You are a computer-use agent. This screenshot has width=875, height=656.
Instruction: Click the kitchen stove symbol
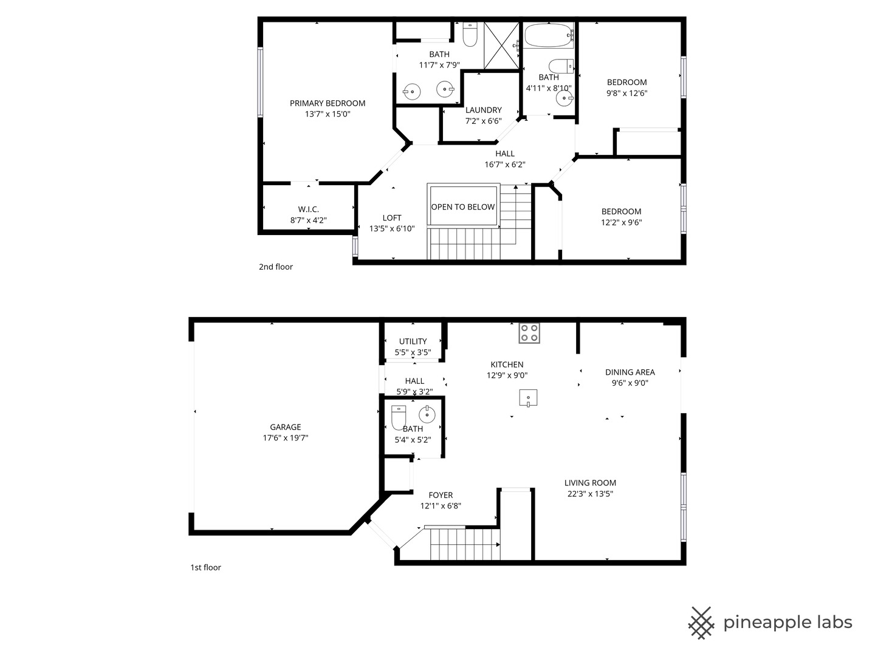529,333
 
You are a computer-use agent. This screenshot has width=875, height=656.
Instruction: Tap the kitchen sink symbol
529,398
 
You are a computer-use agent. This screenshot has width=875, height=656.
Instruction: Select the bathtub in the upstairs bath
549,36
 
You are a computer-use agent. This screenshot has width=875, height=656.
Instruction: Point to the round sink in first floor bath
427,415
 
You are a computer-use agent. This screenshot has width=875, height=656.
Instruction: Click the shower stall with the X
502,46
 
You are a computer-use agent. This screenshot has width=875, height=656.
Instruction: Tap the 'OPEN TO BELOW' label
463,207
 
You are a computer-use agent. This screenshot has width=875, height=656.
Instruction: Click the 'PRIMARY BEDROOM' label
328,103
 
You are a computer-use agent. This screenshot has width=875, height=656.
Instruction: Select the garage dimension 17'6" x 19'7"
286,438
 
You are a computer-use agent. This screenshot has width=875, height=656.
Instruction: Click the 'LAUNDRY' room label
484,110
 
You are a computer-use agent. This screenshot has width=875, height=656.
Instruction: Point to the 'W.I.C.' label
309,210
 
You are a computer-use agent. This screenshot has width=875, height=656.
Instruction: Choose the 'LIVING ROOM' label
590,483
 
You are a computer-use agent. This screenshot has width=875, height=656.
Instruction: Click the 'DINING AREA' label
630,372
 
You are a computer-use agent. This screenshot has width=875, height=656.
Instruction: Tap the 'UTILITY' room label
413,341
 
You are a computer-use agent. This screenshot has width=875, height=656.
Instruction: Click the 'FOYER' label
441,495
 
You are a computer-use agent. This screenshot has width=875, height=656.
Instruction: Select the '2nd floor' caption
276,267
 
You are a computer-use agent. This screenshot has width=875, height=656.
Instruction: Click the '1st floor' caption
206,567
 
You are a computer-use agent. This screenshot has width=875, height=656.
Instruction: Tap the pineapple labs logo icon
701,623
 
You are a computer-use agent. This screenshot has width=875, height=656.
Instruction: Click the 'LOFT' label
392,218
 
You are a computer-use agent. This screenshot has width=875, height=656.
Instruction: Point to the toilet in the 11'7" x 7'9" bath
470,36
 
